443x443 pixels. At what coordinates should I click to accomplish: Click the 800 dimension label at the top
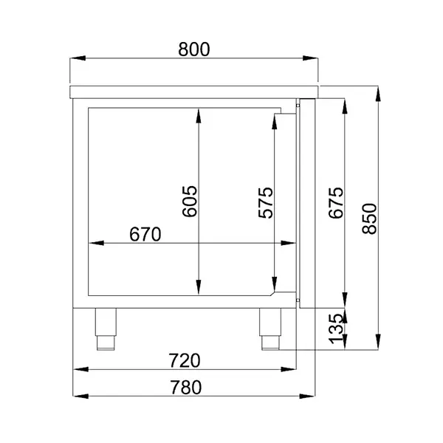tap(194, 49)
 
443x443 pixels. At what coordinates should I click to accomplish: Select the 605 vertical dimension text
tap(189, 201)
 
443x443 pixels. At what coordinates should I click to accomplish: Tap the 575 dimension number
tap(266, 203)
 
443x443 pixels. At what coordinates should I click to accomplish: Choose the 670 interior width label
tap(145, 234)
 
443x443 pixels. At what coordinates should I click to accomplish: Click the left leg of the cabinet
tap(106, 328)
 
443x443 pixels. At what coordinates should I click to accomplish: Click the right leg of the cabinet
tap(270, 328)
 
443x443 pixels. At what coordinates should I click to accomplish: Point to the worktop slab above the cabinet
tap(193, 92)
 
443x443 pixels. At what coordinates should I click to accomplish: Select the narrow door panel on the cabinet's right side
tap(306, 203)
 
